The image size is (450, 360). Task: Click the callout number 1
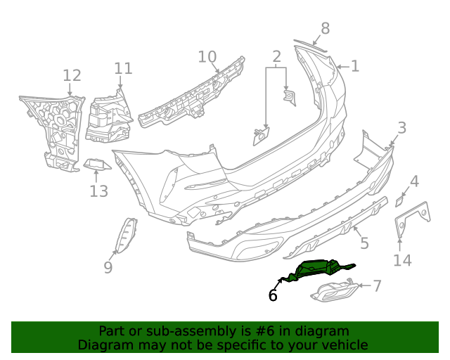[355, 67]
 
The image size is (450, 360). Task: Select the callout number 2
[276, 56]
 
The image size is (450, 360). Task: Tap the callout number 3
[401, 128]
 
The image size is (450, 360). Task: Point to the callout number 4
[414, 182]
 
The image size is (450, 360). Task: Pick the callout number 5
[364, 244]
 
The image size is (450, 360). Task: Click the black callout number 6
[273, 296]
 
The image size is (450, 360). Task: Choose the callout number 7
[377, 286]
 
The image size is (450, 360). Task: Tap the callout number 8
[325, 29]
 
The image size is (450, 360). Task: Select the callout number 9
[108, 267]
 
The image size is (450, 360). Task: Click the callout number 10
[207, 57]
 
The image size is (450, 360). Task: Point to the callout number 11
[123, 68]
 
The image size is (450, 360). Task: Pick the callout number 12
[72, 76]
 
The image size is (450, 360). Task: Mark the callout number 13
[99, 191]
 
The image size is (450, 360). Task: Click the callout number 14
[401, 261]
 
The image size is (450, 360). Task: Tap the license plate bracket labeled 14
[412, 217]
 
